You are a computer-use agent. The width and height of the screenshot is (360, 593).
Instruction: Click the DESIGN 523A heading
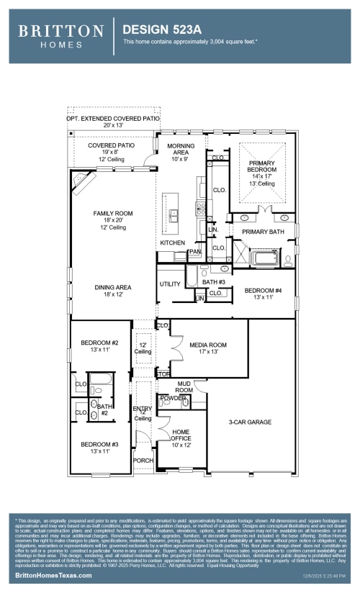pos(159,30)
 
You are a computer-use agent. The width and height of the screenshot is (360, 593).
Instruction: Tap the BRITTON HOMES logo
pos(61,35)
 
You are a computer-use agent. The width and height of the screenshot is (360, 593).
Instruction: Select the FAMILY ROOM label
pos(113,214)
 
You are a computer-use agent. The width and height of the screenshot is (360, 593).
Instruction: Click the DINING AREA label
pos(113,287)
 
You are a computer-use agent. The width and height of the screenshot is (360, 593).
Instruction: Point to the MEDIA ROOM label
pos(208,345)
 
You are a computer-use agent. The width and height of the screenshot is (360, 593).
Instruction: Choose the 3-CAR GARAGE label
pos(250,422)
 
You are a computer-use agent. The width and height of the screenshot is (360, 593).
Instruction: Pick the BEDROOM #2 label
pos(99,343)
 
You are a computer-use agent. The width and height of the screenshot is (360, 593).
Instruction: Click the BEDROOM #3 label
pos(99,444)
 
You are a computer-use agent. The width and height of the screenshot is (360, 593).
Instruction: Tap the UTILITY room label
pos(170,284)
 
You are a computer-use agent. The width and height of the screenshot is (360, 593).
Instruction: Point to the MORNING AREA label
pos(181,150)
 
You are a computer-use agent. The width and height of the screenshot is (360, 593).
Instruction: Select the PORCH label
pos(143,461)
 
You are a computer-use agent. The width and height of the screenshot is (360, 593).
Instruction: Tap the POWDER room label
pos(174,398)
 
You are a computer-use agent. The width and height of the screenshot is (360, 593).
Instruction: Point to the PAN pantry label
pos(194,253)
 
